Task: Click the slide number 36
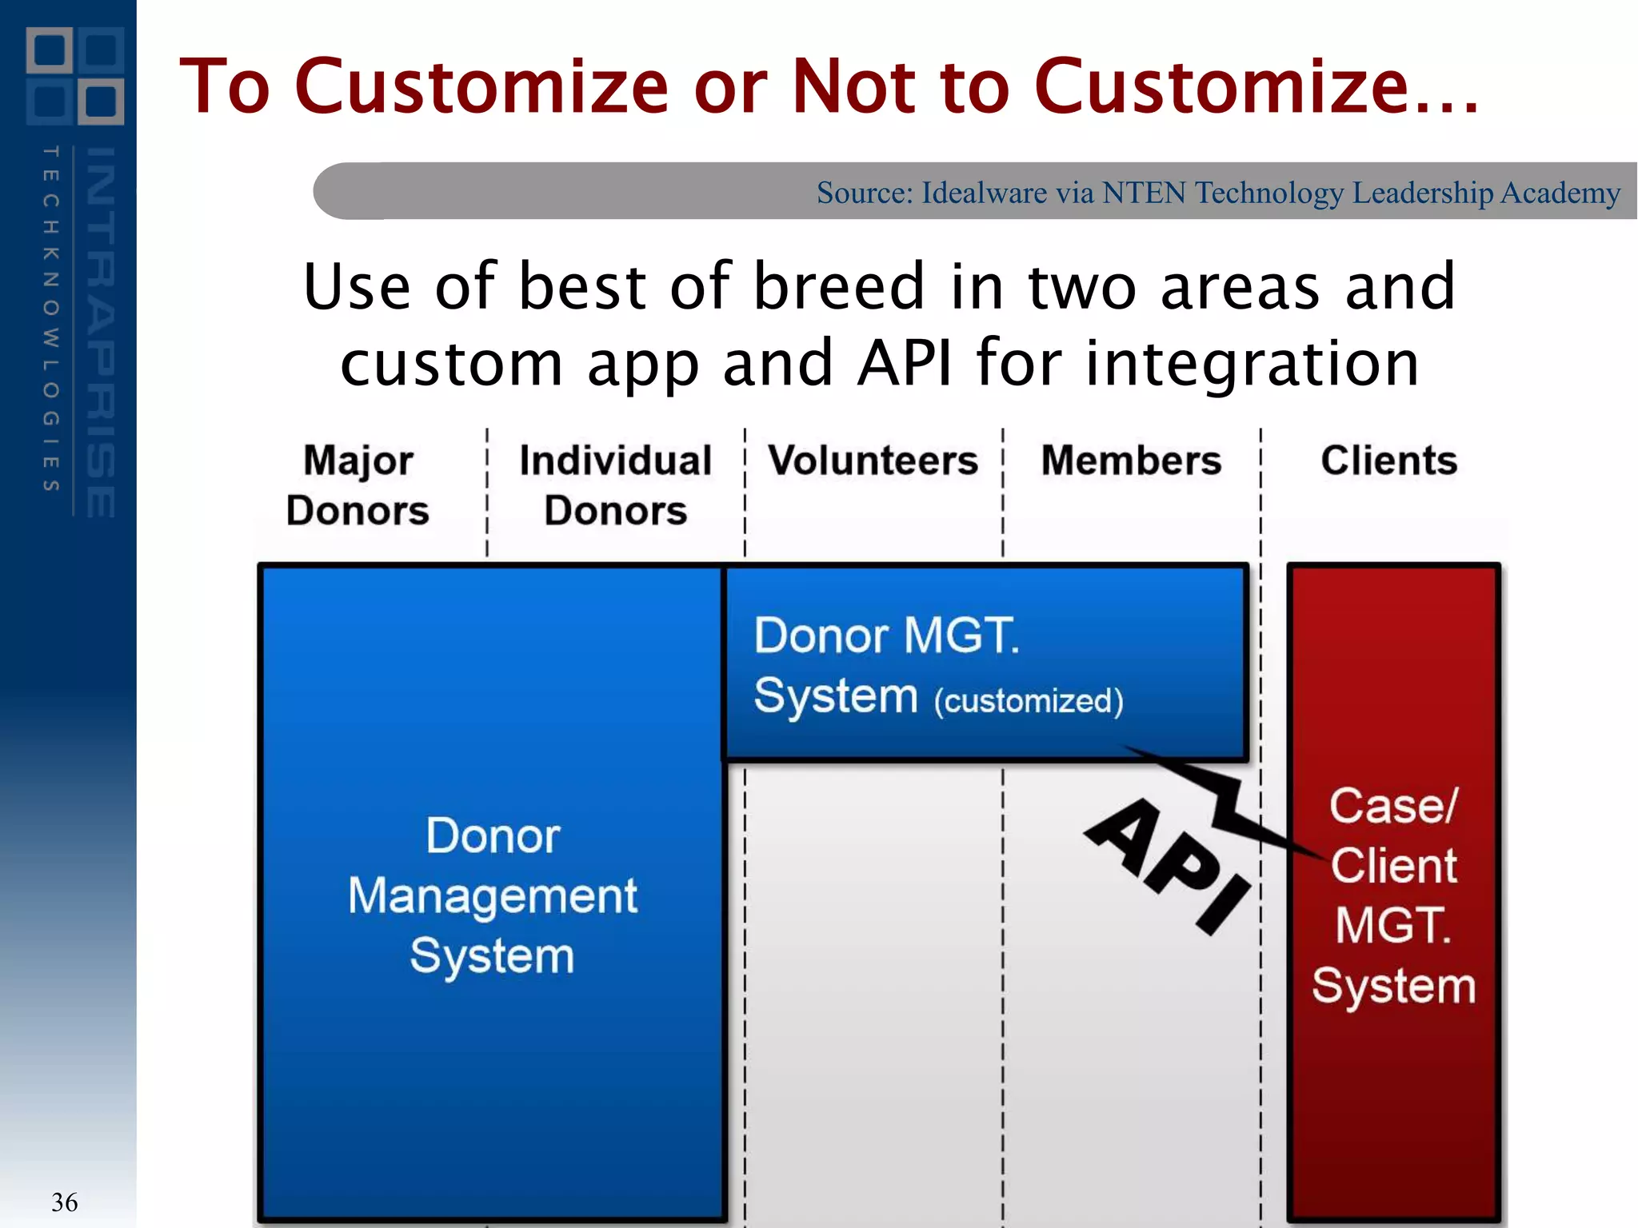(64, 1202)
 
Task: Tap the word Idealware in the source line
(984, 193)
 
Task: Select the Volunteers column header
(873, 460)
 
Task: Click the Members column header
(1131, 460)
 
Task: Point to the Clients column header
(1388, 460)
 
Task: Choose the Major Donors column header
(358, 485)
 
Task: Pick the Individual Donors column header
(615, 485)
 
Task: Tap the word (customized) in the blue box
(1029, 701)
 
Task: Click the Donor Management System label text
(492, 895)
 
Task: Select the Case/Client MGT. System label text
(1393, 895)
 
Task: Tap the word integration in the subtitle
(1252, 364)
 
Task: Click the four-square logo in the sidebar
(75, 76)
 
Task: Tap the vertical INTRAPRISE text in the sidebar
(101, 332)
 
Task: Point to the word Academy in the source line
(1560, 193)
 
